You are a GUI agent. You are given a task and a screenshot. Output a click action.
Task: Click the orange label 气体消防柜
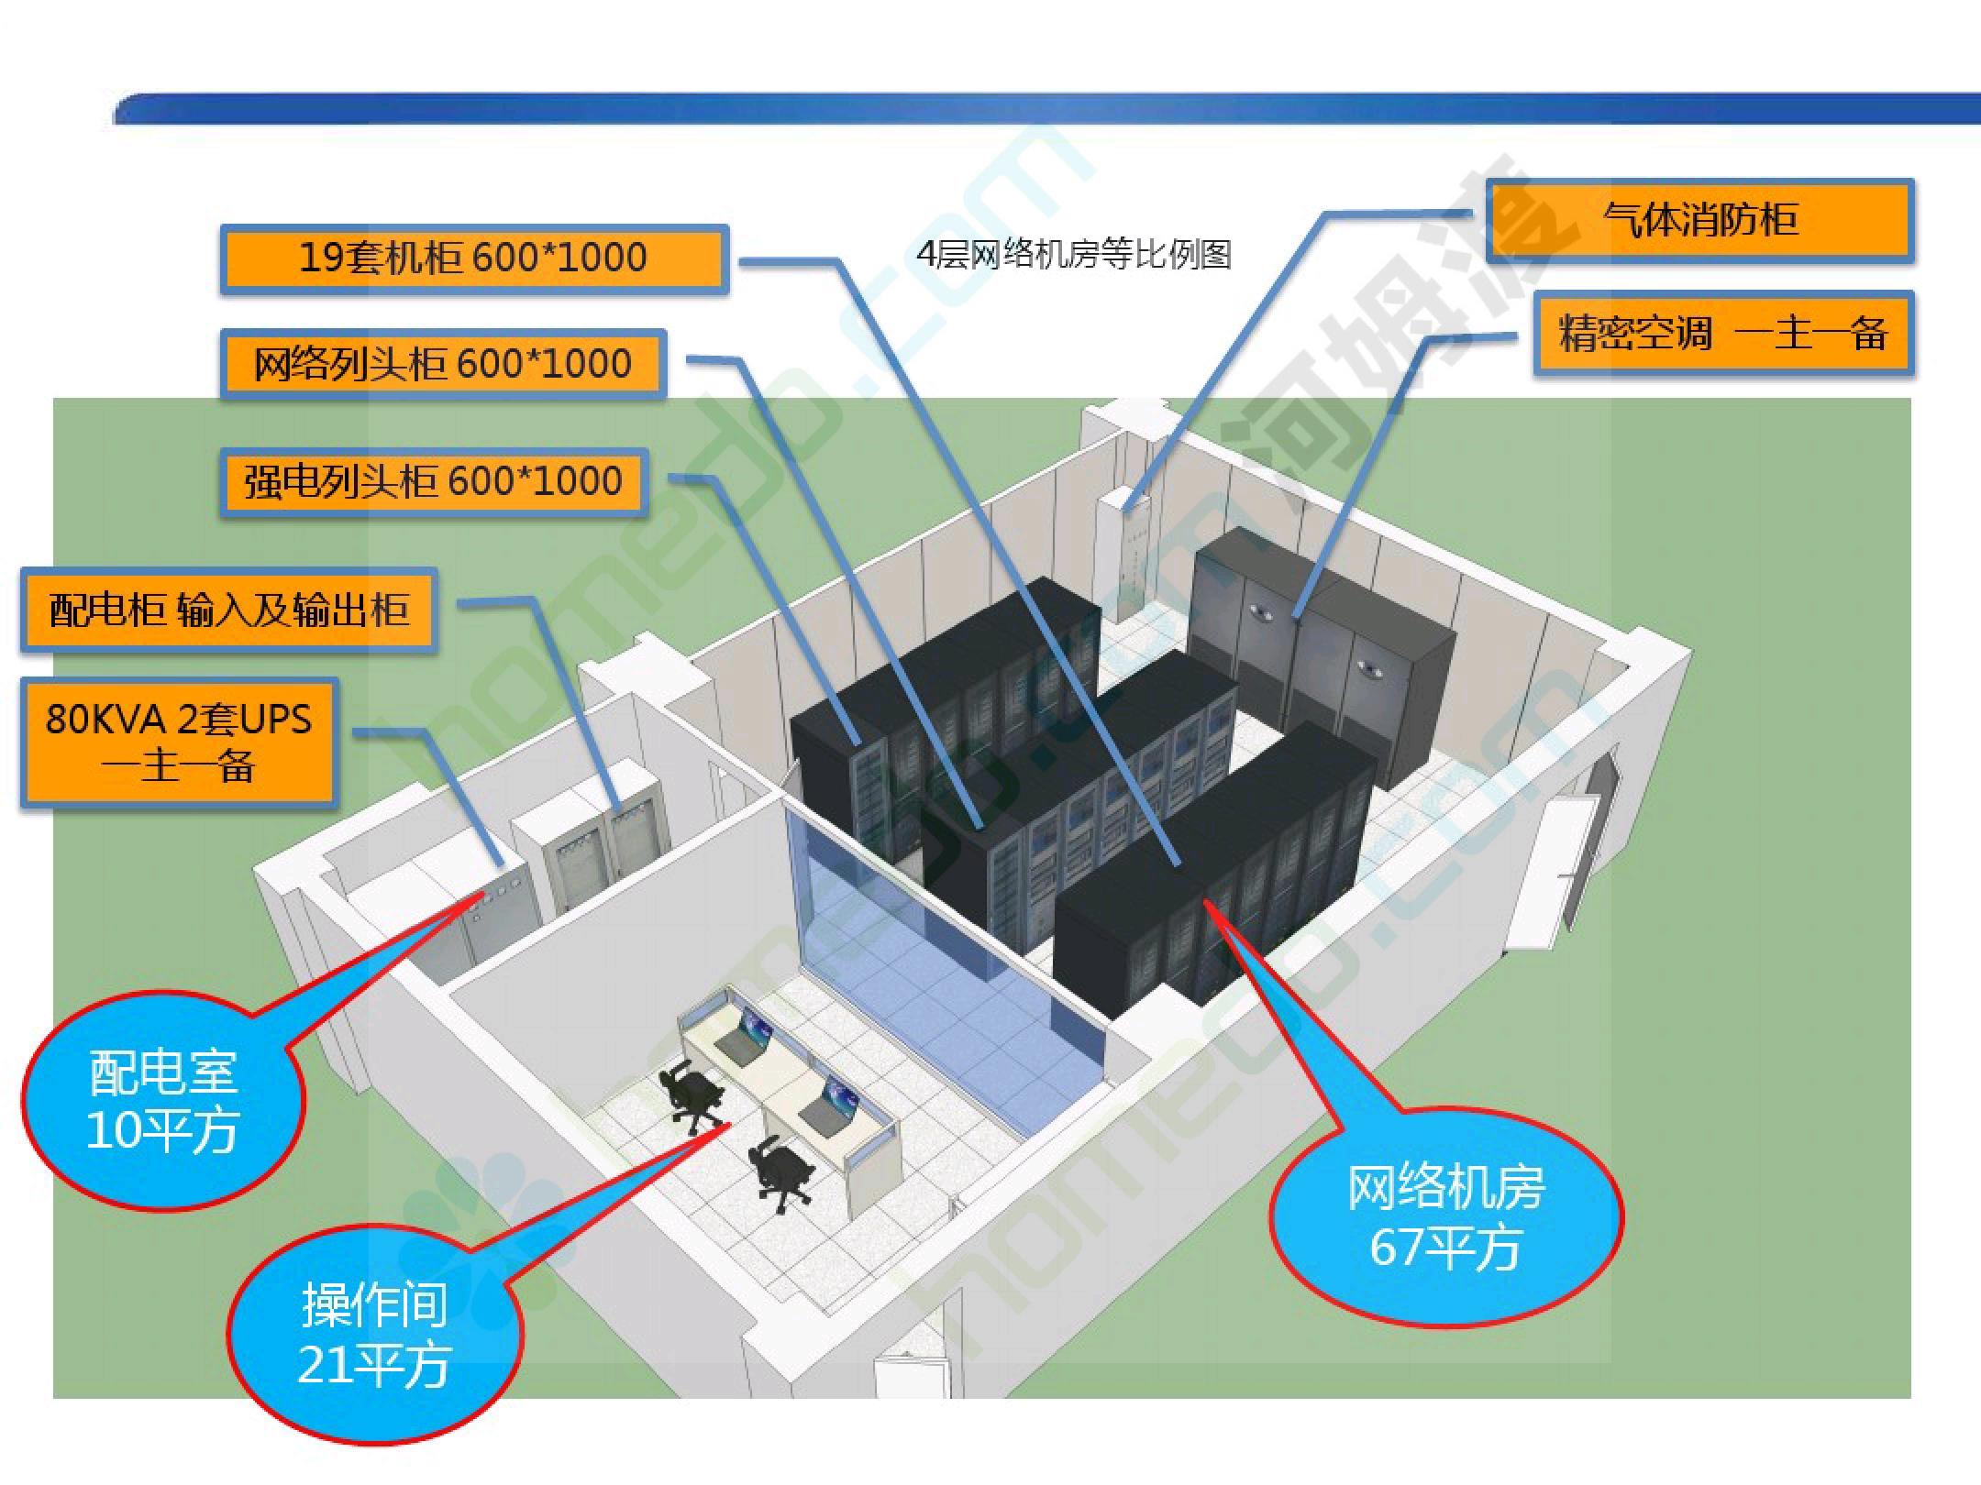pos(1699,221)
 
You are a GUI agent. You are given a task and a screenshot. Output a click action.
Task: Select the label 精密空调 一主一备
pos(1723,333)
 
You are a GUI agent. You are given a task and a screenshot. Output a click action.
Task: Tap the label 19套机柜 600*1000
pos(474,258)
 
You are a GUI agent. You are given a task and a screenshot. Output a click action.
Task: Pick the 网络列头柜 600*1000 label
pos(443,364)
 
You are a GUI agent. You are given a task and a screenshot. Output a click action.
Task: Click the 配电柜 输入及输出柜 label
pos(228,610)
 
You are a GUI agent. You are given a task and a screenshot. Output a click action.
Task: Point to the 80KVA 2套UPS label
pos(179,742)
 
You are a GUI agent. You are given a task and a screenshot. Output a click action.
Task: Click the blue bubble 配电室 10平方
pos(163,1100)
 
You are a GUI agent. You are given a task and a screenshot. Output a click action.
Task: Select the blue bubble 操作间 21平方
pos(374,1334)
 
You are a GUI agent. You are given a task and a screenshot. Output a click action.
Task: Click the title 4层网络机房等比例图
pos(1074,254)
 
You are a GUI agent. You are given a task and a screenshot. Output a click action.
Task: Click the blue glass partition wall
pos(945,953)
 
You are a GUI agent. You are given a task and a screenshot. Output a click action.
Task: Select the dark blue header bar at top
pos(1046,108)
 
